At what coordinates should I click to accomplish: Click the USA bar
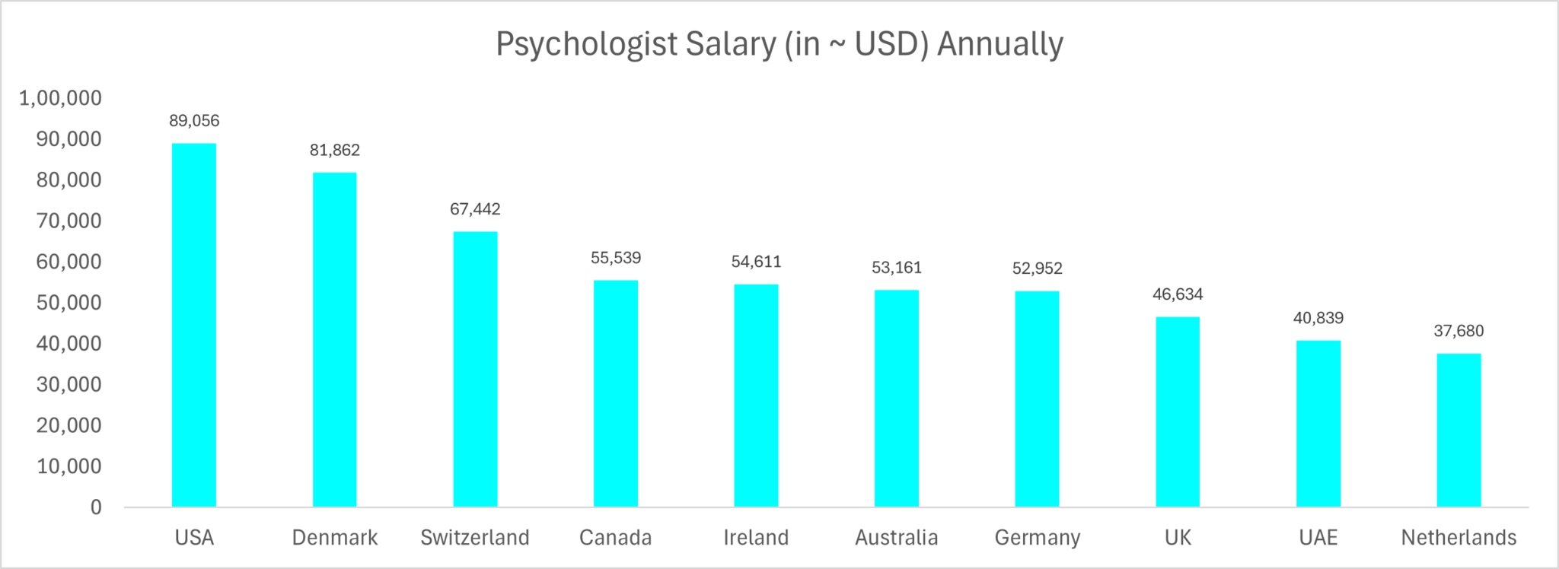tap(194, 325)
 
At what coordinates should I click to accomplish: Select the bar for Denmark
tap(335, 339)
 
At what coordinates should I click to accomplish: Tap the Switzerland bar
tap(475, 369)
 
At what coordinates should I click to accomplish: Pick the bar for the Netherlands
tap(1459, 430)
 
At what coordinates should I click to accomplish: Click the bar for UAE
tap(1318, 423)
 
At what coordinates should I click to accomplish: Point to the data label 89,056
tap(194, 121)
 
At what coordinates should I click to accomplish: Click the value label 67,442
tap(475, 209)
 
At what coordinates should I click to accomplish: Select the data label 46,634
tap(1178, 294)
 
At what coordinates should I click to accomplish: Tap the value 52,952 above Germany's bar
tap(1037, 269)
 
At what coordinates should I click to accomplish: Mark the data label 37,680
tap(1459, 331)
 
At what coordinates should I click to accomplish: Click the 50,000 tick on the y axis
tap(69, 303)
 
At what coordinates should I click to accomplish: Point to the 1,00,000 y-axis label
tap(60, 98)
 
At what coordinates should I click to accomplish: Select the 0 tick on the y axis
tap(96, 507)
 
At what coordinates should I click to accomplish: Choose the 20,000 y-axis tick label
tap(69, 425)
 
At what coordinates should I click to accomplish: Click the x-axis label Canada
tap(615, 538)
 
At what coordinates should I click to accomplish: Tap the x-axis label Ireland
tap(756, 538)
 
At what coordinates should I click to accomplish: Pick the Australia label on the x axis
tap(896, 538)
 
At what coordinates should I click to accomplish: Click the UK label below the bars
tap(1178, 538)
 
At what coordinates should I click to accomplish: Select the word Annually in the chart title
tap(999, 44)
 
